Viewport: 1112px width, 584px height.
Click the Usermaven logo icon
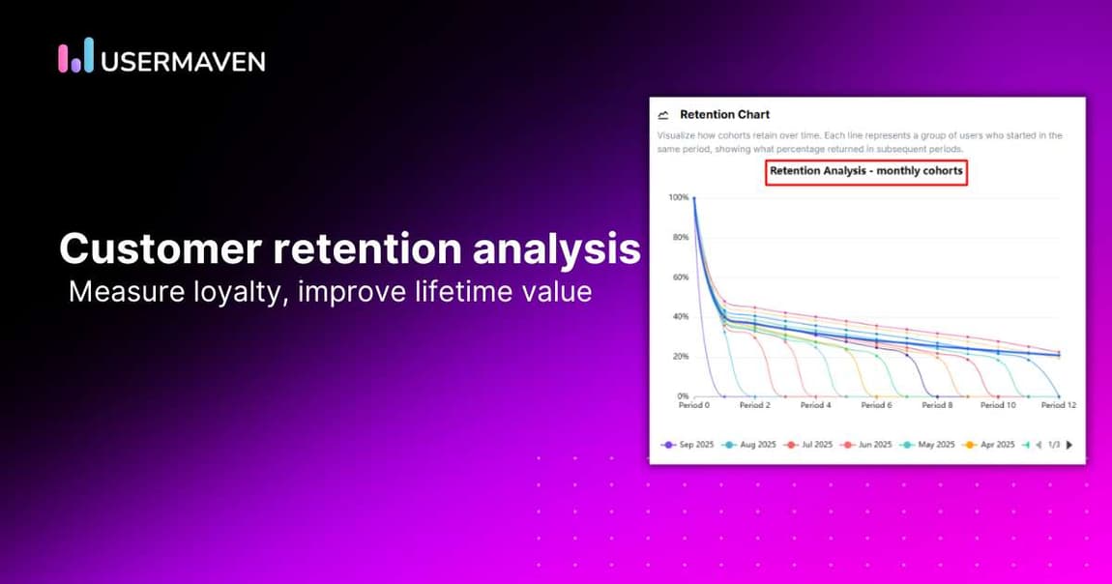pos(75,57)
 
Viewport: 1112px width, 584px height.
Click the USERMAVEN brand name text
pos(183,61)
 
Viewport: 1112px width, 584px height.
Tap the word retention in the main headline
pos(366,248)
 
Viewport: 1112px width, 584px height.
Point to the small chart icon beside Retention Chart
pos(663,114)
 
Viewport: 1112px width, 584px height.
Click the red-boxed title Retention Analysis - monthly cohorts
pos(866,171)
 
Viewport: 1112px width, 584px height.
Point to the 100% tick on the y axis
pos(678,198)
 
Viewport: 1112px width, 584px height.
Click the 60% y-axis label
pos(679,277)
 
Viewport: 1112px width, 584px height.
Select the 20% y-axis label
pos(679,357)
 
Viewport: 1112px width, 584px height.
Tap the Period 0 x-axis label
pos(693,406)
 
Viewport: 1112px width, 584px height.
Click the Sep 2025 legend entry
pos(688,445)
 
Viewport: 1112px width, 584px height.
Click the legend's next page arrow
pos(1068,445)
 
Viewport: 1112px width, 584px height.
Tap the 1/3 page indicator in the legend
pos(1054,445)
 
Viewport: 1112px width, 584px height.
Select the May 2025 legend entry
pos(929,445)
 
